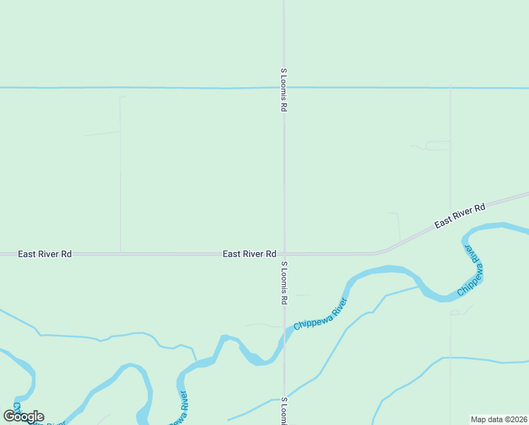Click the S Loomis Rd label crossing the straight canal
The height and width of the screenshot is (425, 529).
pos(283,90)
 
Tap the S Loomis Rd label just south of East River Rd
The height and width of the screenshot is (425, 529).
pos(284,283)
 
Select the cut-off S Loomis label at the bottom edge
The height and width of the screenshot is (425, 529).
pos(284,411)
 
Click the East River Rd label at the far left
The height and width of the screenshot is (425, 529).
pos(45,254)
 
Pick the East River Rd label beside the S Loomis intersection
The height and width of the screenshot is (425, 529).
pos(249,254)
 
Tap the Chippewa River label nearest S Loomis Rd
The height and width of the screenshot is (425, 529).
pos(320,314)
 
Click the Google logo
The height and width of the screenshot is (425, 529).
pos(23,416)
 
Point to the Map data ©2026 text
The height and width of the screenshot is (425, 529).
pos(499,419)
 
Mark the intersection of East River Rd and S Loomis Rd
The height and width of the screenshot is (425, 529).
pos(284,254)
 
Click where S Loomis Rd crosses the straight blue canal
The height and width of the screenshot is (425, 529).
pos(284,88)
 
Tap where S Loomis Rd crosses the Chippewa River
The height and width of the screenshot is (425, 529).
pos(284,338)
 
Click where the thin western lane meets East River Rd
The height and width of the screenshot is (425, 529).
pos(120,252)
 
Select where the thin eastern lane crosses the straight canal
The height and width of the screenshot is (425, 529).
pos(450,89)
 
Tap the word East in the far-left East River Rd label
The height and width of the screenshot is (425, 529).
pos(27,254)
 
